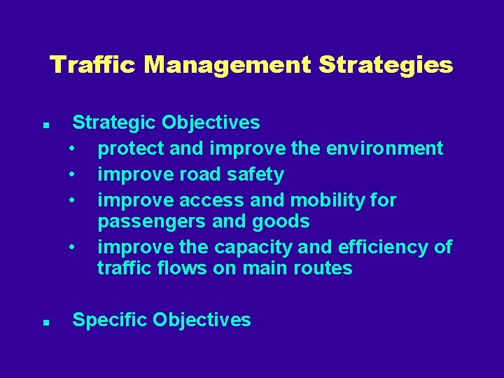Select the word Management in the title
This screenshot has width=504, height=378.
[x=227, y=65]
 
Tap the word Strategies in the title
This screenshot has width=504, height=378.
[x=385, y=65]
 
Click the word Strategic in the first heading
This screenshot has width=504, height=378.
[x=115, y=123]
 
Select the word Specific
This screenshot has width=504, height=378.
[x=110, y=321]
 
